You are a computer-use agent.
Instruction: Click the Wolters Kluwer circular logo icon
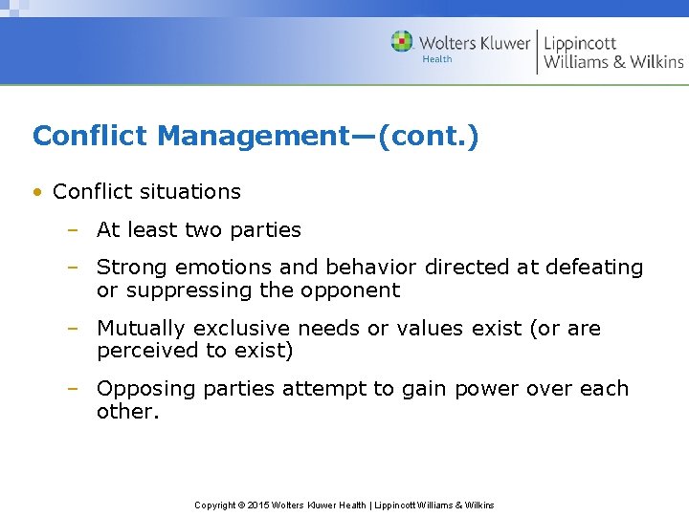pyautogui.click(x=402, y=42)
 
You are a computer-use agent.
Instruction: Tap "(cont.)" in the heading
pyautogui.click(x=428, y=136)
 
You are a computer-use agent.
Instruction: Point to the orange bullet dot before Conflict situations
pyautogui.click(x=37, y=192)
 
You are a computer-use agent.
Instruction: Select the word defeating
pyautogui.click(x=592, y=268)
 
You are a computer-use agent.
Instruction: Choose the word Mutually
pyautogui.click(x=141, y=329)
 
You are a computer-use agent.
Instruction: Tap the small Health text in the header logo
pyautogui.click(x=437, y=59)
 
